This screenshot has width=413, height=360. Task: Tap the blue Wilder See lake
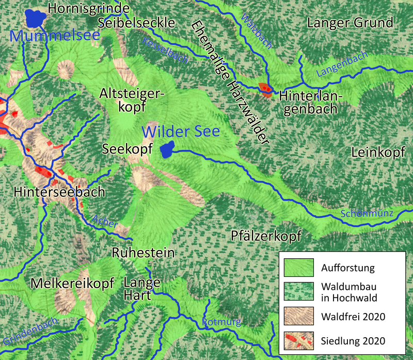pos(167,150)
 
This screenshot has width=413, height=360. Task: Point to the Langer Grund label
pos(350,23)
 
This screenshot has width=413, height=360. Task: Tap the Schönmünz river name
pos(368,213)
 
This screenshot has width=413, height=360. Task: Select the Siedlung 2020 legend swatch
pos(299,339)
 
